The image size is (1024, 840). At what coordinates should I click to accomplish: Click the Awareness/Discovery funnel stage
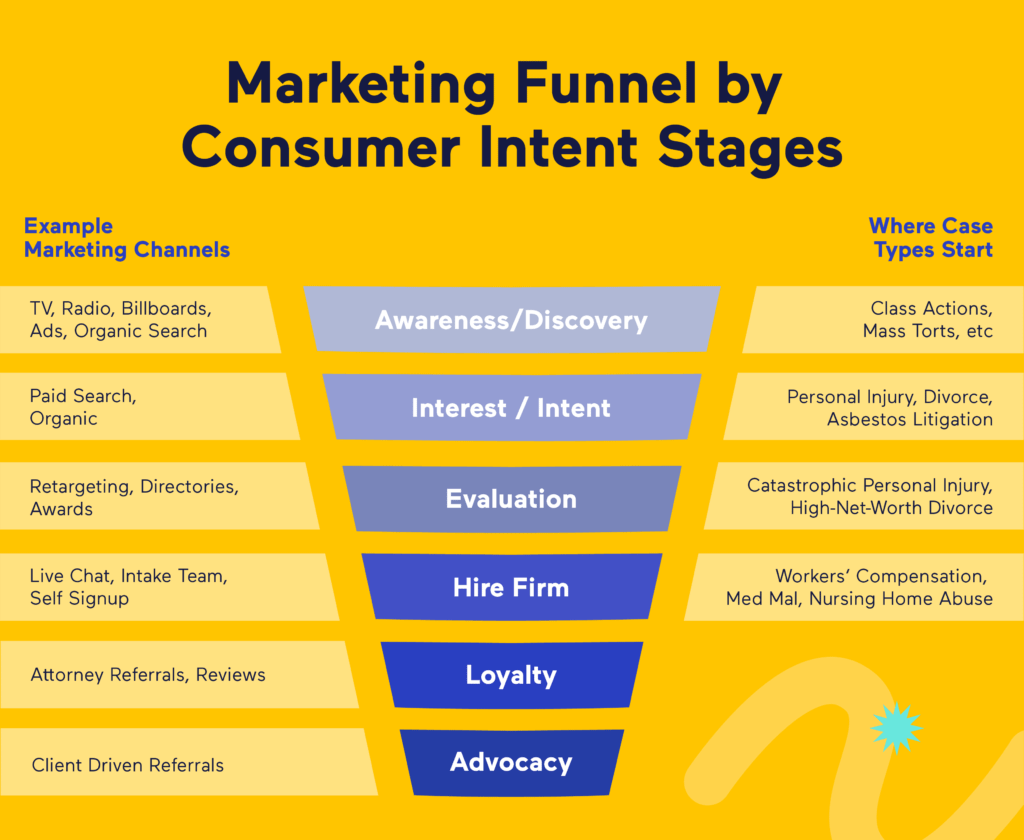[511, 320]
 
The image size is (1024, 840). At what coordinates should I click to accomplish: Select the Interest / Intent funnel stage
[511, 408]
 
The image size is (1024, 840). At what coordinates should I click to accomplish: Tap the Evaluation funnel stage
[511, 498]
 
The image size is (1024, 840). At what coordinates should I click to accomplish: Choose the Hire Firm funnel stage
[511, 586]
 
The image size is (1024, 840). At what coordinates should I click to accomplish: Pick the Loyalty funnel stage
[511, 675]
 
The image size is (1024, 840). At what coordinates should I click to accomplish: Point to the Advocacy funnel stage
[511, 762]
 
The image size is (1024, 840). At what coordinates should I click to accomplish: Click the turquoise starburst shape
[895, 727]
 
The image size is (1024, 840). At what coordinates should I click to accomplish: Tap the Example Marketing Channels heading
[127, 238]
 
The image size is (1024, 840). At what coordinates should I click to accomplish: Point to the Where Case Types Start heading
[931, 238]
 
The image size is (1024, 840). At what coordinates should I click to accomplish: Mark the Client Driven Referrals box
[180, 765]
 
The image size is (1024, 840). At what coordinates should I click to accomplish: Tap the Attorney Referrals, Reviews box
[170, 675]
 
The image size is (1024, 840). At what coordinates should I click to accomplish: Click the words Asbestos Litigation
[909, 420]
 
